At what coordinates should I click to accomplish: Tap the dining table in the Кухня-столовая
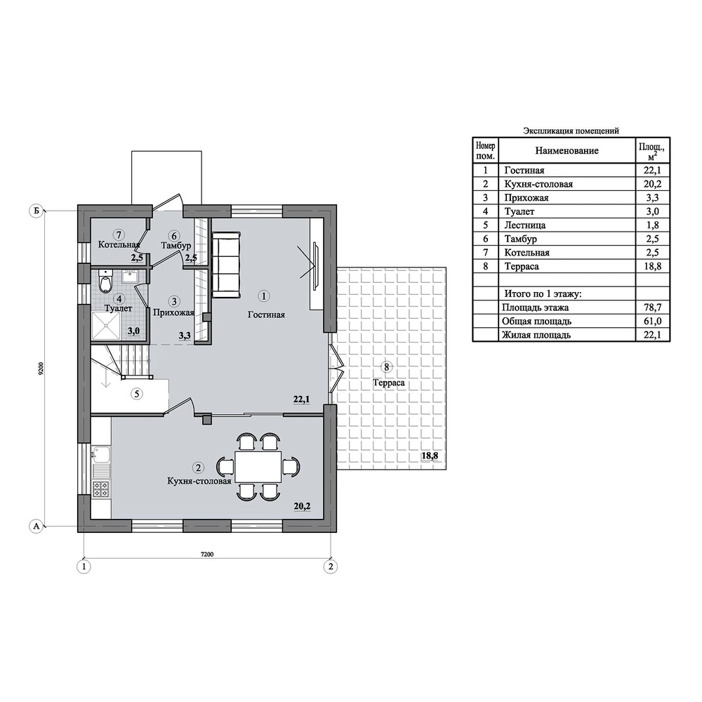click(x=258, y=467)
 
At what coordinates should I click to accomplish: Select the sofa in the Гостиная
click(x=225, y=265)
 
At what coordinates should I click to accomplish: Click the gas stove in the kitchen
click(x=100, y=489)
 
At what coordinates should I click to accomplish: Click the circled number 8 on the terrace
click(x=386, y=367)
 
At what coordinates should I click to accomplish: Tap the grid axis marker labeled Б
click(x=37, y=211)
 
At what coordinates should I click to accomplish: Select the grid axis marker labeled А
click(x=37, y=526)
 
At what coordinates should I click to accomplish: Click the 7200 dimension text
click(x=207, y=555)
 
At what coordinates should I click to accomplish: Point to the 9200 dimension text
click(x=41, y=368)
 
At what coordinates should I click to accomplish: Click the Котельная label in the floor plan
click(x=119, y=245)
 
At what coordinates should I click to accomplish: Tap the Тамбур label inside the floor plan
click(x=176, y=245)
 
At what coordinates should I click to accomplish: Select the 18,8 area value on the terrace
click(x=429, y=456)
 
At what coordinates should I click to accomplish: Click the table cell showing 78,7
click(x=653, y=307)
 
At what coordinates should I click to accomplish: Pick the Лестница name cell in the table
click(x=567, y=225)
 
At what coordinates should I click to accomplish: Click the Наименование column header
click(x=567, y=150)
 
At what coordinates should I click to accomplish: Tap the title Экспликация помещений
click(x=571, y=131)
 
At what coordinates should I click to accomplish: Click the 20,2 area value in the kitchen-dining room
click(x=302, y=506)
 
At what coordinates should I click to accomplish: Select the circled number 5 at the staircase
click(x=137, y=394)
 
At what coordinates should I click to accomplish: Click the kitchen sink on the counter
click(x=100, y=455)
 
